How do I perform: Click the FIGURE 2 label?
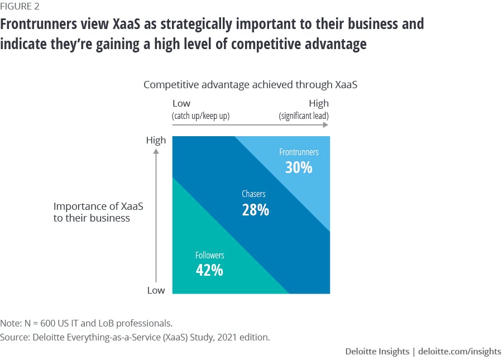pos(20,7)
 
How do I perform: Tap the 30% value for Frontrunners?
pos(299,167)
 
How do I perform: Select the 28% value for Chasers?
pos(256,210)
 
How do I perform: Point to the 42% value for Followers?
pos(209,270)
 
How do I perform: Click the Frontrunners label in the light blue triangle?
pos(299,152)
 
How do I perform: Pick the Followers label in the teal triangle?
pos(209,255)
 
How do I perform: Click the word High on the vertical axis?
pos(156,140)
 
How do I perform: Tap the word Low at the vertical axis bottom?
pos(156,290)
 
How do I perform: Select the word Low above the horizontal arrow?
pos(181,103)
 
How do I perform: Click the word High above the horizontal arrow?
pos(318,103)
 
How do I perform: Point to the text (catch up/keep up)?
pos(201,116)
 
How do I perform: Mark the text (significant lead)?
pos(304,116)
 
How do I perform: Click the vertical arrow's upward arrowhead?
pos(156,151)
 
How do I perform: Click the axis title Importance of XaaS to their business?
pos(98,212)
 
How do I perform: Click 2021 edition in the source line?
pos(247,337)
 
